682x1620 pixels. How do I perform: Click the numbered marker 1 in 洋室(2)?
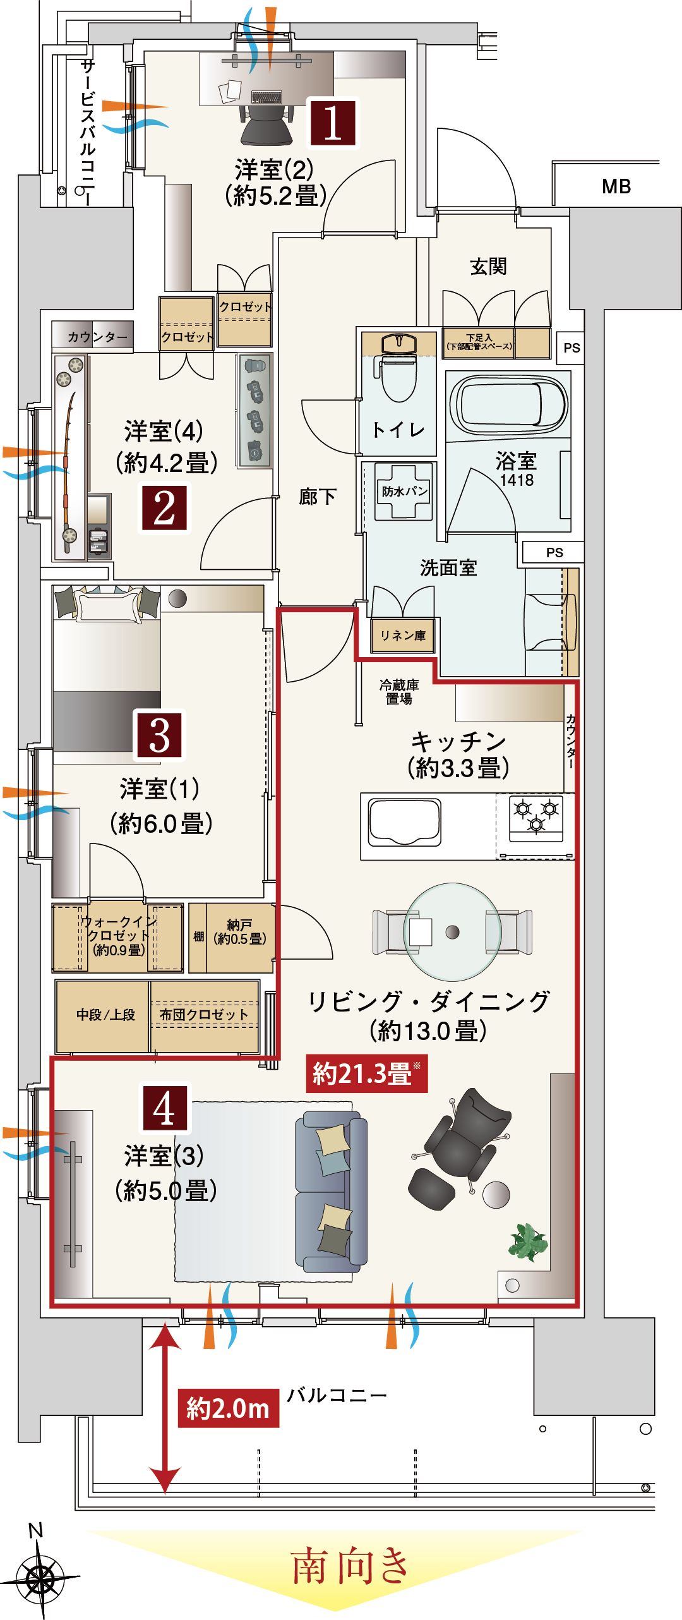tap(333, 123)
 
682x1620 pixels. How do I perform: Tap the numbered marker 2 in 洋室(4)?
tap(164, 508)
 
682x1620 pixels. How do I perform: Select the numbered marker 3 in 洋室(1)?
tap(159, 735)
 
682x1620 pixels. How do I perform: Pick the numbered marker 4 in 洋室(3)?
tap(164, 1108)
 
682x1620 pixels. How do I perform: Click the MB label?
tap(616, 186)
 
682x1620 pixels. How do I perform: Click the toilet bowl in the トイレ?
tap(398, 377)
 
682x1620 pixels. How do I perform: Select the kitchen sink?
tap(405, 821)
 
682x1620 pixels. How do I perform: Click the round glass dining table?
tap(452, 932)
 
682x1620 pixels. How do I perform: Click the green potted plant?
tap(528, 1242)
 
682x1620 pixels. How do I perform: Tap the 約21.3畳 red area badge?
tap(367, 1073)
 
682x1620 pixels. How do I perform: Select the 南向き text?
tap(350, 1566)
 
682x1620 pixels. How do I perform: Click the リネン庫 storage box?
tap(403, 636)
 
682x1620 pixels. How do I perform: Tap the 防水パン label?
tap(404, 491)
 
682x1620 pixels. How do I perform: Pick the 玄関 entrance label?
tap(488, 266)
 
